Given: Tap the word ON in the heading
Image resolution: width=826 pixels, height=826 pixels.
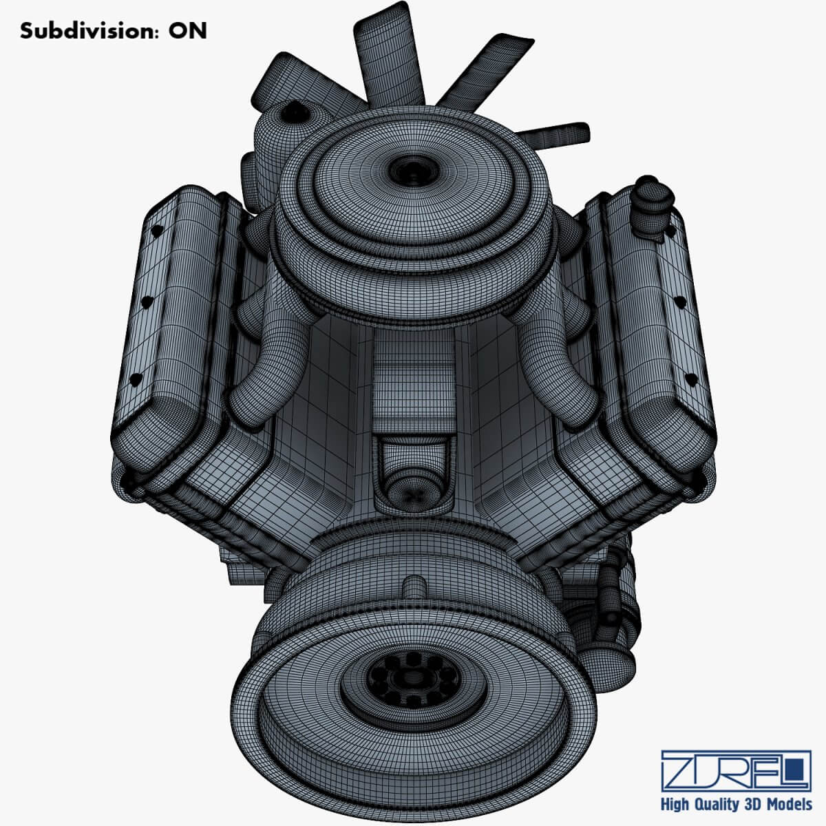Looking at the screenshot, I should click(188, 31).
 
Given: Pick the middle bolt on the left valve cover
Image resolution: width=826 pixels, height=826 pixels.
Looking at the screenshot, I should click(146, 301).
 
